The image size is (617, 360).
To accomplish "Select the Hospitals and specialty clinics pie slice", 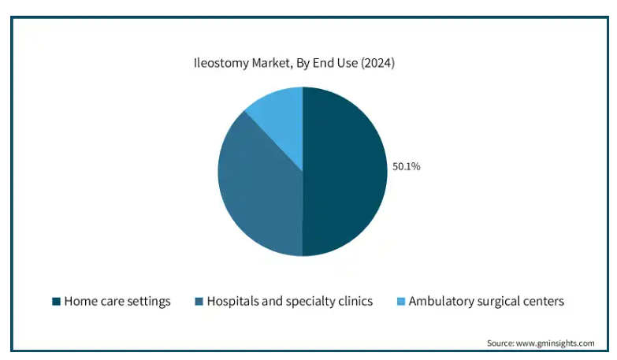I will coord(256,189).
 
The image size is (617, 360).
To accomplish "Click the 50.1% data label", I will coord(407,166).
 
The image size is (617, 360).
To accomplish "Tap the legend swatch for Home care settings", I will coord(56,302).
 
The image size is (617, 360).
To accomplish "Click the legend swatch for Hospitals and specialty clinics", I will coord(199,302).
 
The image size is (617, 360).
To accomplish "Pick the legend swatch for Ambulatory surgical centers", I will coord(400,302).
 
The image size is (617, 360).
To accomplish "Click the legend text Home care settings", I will coord(117,301).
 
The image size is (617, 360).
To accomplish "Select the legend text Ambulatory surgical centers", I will coord(486,301).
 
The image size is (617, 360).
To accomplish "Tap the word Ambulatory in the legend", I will coord(439,301).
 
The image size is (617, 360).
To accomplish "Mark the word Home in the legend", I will coord(79,301).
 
